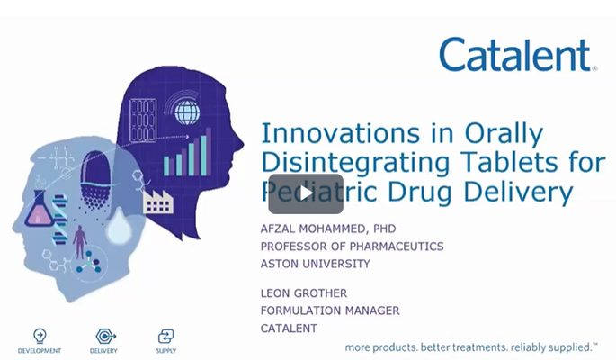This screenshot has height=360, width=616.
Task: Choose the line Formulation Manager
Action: (329, 310)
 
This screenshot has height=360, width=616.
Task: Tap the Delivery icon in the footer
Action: (104, 335)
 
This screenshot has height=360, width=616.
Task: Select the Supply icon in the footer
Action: (165, 335)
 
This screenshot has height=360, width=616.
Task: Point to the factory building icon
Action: (157, 200)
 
